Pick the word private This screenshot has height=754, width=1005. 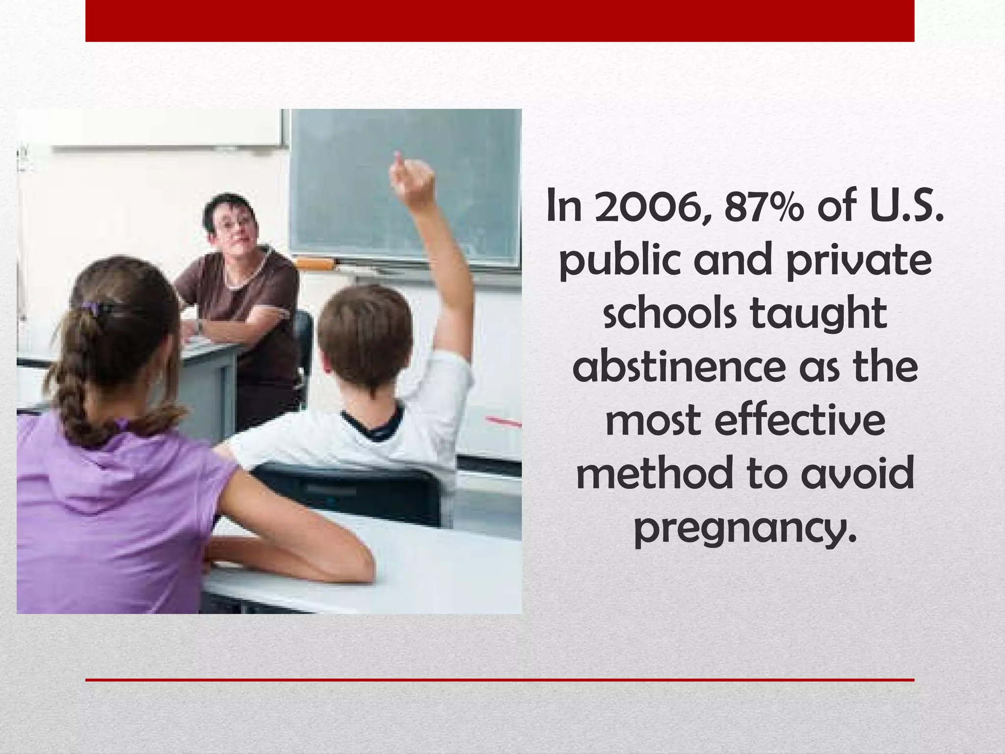click(858, 260)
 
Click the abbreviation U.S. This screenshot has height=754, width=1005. click(907, 206)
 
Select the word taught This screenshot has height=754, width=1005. click(819, 314)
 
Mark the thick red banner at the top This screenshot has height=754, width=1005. click(500, 21)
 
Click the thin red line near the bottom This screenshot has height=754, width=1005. click(500, 680)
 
